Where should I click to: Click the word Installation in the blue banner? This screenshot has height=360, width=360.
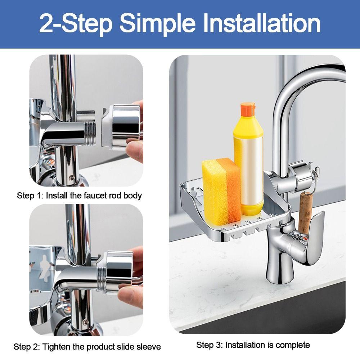point(262,23)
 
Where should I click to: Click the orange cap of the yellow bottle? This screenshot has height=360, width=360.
point(248,109)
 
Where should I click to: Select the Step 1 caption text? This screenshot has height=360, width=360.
point(79,195)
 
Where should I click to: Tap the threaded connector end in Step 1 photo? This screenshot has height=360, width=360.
point(90,134)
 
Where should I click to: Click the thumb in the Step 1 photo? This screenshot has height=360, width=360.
point(134,150)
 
